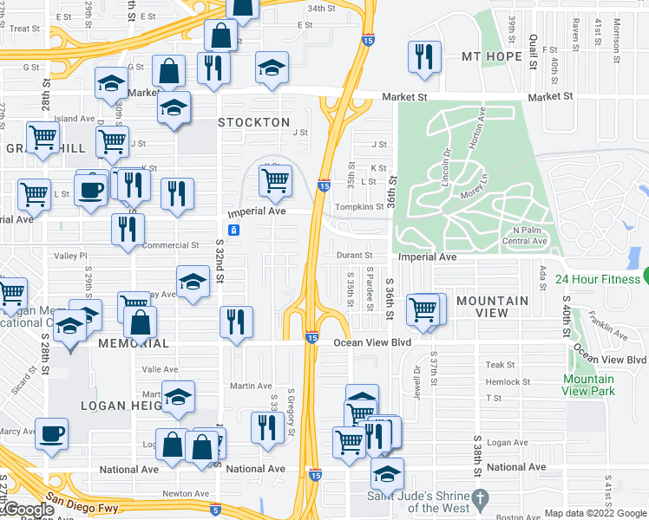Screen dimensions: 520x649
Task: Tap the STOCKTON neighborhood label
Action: tap(253, 122)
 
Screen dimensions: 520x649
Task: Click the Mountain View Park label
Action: tap(588, 385)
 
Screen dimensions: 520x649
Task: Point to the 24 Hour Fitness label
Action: tap(596, 279)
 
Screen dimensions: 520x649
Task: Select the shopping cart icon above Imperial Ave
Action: tap(275, 180)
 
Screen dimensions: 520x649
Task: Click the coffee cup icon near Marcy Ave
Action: tap(51, 432)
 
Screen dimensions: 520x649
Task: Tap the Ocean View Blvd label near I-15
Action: tap(371, 343)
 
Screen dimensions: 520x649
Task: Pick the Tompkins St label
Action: tap(360, 207)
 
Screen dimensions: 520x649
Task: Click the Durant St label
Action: tap(355, 256)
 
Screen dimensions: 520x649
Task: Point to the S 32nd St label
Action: tap(220, 260)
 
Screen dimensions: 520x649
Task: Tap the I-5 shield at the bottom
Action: tap(214, 510)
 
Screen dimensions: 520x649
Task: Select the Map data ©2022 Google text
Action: tap(595, 513)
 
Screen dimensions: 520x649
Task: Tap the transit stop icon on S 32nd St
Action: tap(233, 230)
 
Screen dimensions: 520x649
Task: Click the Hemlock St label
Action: tap(508, 381)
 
